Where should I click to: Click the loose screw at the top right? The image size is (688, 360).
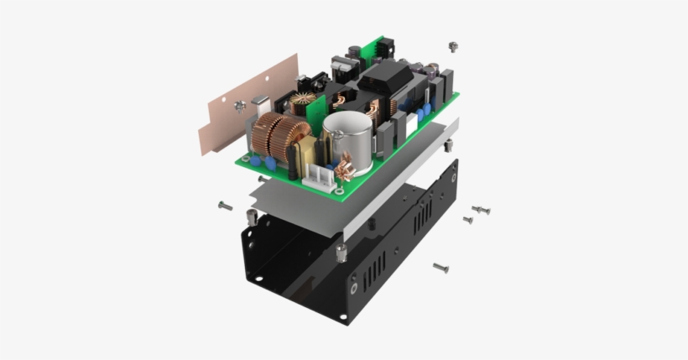(x=453, y=46)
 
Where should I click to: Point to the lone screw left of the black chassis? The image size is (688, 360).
(x=225, y=205)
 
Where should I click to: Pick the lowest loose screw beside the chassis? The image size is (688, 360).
(x=440, y=268)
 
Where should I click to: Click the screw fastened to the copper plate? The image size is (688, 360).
(x=240, y=106)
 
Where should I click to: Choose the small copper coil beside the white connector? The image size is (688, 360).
(x=343, y=172)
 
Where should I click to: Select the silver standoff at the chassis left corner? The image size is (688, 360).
(x=251, y=218)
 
